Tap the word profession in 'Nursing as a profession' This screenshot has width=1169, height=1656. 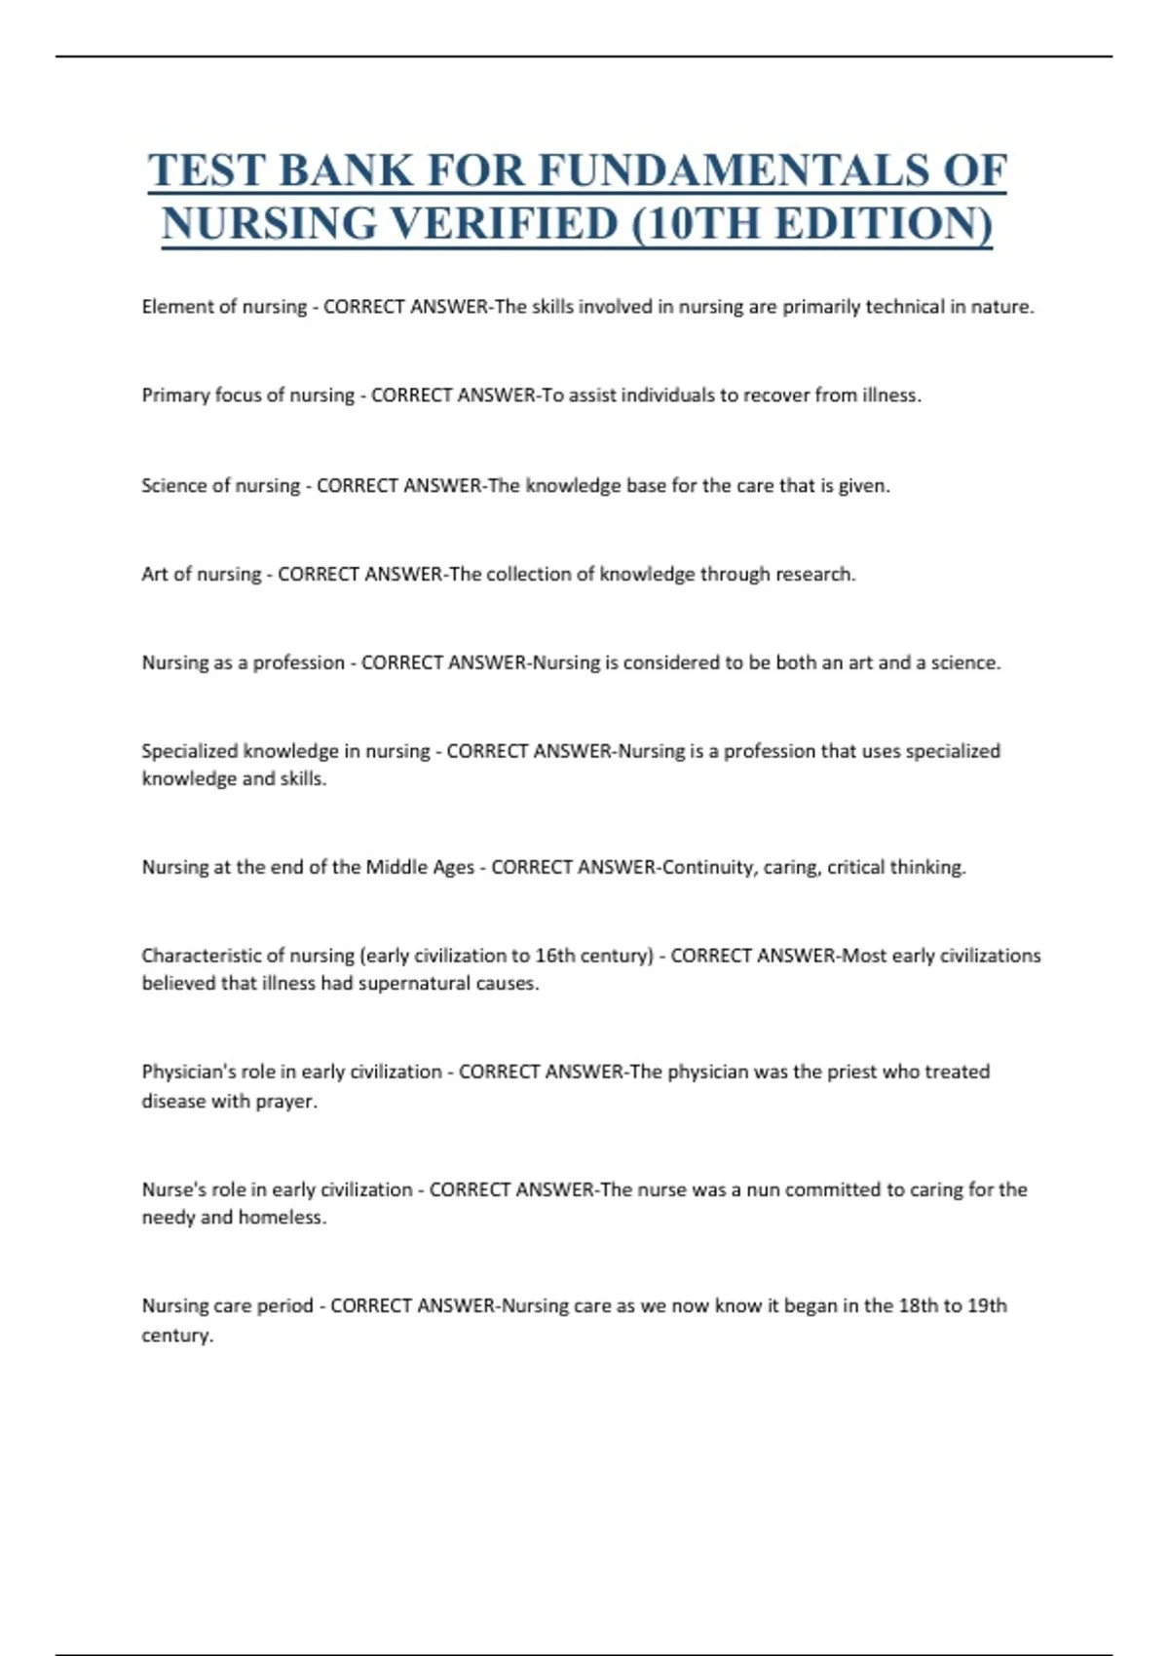click(x=298, y=662)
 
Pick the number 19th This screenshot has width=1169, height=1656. click(x=987, y=1305)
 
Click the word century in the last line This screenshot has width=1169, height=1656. click(x=176, y=1335)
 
